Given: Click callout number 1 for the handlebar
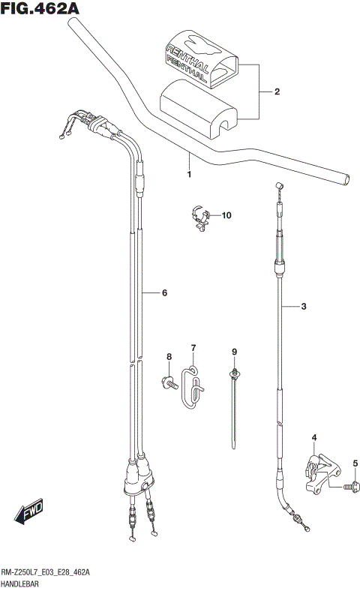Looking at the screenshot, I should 189,175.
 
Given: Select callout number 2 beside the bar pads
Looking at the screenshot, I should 277,92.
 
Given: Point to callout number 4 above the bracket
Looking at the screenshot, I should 314,438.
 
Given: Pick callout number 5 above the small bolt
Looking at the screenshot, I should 355,463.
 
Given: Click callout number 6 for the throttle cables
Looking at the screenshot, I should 163,293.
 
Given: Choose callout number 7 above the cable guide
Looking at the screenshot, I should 193,347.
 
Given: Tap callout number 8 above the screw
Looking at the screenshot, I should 169,356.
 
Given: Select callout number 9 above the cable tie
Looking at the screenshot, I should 234,352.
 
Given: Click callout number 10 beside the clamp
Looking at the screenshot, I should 226,216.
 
